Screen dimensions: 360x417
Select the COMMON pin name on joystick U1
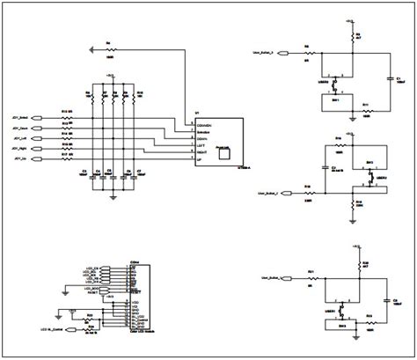pyautogui.click(x=206, y=123)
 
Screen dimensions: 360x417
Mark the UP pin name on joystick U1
pyautogui.click(x=201, y=161)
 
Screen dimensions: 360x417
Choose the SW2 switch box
pyautogui.click(x=370, y=163)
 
